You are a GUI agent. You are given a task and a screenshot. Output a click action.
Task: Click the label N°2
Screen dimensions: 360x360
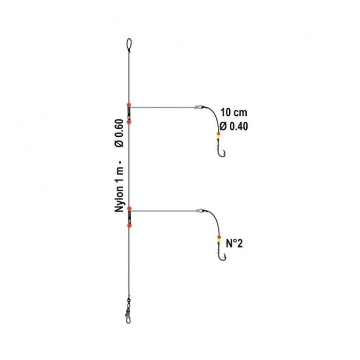(x=234, y=243)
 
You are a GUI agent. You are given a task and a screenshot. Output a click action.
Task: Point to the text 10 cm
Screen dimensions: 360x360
(x=234, y=112)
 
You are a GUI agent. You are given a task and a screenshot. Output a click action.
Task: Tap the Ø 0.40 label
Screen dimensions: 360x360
(x=234, y=126)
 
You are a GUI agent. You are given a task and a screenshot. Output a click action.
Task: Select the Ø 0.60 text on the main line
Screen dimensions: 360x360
(x=119, y=133)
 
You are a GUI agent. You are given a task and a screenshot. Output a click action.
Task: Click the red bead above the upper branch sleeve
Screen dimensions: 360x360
(x=129, y=105)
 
